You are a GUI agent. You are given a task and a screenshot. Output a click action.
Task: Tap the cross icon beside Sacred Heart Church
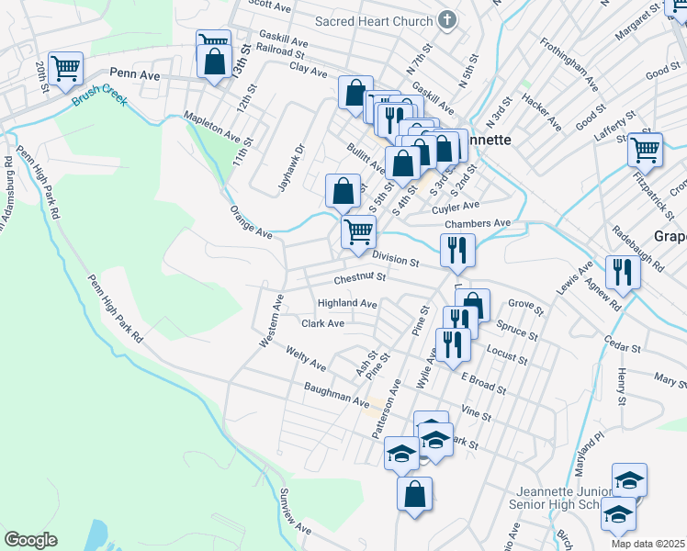click(x=447, y=20)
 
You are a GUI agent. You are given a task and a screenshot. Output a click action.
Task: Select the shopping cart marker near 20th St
click(x=65, y=67)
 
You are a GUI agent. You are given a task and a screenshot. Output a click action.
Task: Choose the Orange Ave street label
click(x=251, y=220)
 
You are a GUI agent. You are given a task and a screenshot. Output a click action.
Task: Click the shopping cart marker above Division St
click(x=358, y=231)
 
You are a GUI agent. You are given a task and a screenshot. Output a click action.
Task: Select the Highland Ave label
click(x=347, y=303)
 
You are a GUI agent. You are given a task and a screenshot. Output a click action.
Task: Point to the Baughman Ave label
click(x=336, y=395)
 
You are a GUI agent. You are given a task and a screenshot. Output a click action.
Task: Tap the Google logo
click(x=30, y=540)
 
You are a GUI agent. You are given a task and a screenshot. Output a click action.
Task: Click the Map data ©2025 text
click(x=648, y=544)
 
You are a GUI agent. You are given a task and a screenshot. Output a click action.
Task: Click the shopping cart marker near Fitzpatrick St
click(x=646, y=148)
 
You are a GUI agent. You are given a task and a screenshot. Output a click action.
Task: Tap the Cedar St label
click(x=622, y=347)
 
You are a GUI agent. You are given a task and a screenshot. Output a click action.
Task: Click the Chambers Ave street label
click(x=477, y=223)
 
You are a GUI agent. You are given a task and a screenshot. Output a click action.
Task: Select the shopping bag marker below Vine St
click(x=414, y=493)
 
